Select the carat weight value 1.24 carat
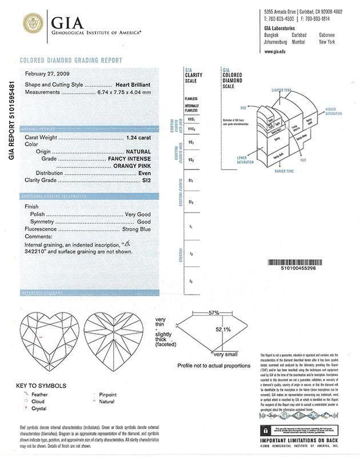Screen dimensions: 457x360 coord(138,138)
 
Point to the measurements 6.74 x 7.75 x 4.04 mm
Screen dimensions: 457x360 coord(122,91)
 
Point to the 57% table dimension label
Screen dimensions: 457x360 coord(198,314)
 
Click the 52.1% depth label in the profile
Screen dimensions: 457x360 coord(223,330)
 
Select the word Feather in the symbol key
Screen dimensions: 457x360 coord(40,394)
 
